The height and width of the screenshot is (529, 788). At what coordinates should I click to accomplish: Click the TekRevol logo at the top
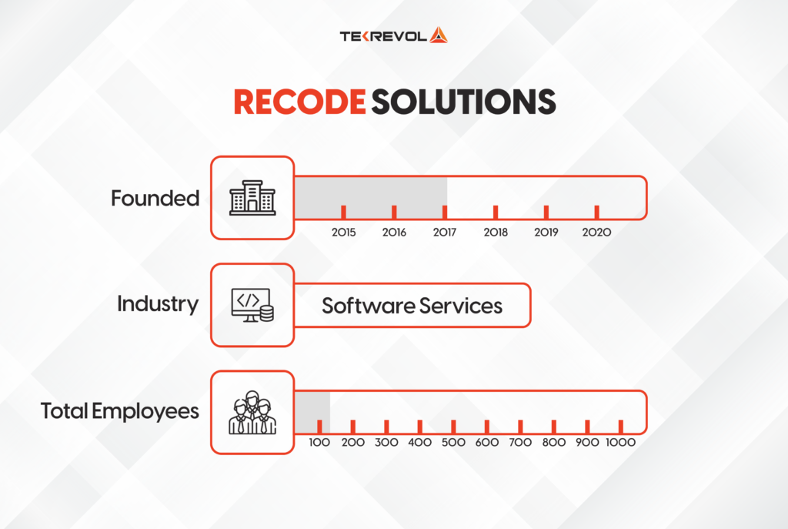[393, 35]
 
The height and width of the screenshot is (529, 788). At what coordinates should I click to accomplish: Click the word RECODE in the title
[299, 102]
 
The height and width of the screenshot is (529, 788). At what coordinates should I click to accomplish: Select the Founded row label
[155, 199]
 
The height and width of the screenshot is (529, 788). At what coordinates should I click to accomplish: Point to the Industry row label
[157, 304]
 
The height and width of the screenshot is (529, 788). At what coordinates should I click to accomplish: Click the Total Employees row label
[120, 411]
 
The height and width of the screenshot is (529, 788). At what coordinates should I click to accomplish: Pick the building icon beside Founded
[252, 199]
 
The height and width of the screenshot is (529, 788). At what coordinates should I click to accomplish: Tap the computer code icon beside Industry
[252, 305]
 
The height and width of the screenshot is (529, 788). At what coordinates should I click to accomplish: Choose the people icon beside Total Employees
[252, 413]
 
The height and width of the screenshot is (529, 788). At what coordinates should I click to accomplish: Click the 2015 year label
[343, 232]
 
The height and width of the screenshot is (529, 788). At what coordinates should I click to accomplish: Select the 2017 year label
[444, 232]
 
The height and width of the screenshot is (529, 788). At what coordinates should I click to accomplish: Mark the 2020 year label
[596, 232]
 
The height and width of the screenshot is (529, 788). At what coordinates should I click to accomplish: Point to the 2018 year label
[496, 232]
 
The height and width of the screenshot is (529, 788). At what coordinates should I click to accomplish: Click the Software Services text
[412, 306]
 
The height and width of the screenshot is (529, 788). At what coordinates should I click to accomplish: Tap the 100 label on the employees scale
[319, 444]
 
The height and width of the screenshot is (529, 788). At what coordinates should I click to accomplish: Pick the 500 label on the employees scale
[454, 444]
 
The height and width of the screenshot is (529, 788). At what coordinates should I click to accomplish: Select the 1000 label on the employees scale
[621, 444]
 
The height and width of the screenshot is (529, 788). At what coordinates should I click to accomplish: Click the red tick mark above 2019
[546, 212]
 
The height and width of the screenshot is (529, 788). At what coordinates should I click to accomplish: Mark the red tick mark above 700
[521, 426]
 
